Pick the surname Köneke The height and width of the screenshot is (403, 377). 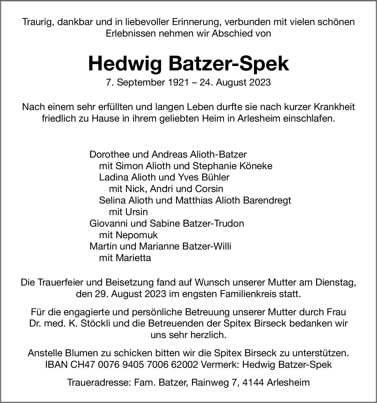[256, 166]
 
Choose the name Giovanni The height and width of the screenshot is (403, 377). [109, 223]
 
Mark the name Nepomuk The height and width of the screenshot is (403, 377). [136, 235]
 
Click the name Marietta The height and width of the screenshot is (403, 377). [133, 258]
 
